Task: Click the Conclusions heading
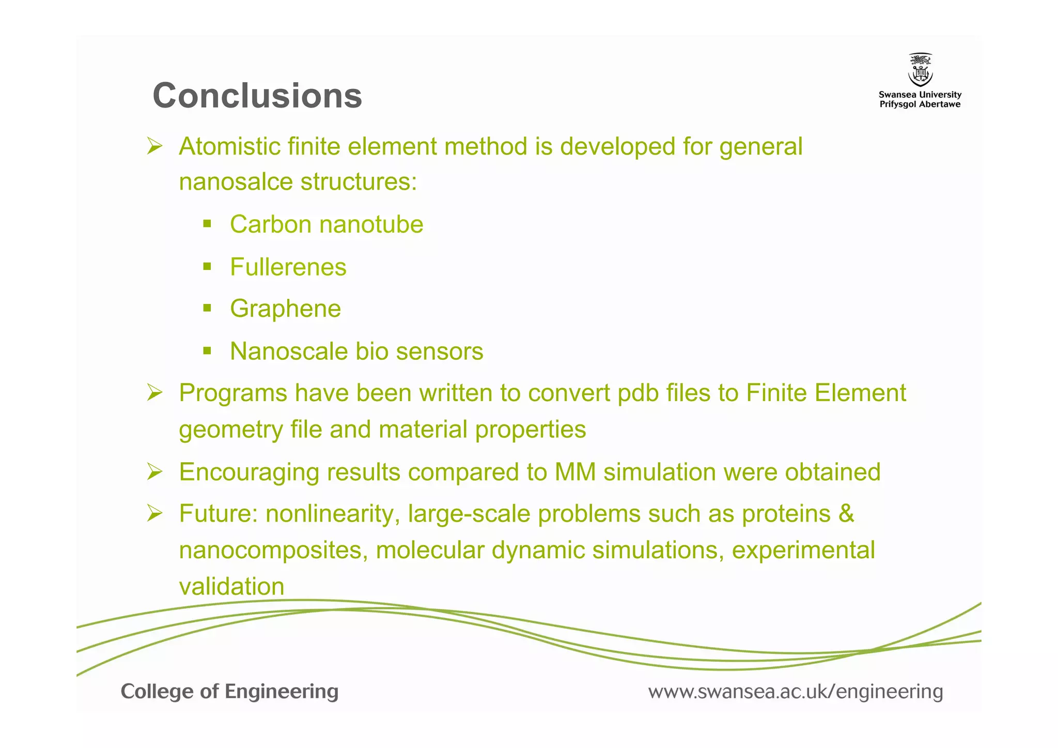click(257, 96)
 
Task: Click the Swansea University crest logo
click(920, 70)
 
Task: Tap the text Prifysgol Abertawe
click(920, 104)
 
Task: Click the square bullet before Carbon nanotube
click(207, 224)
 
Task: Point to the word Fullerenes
click(288, 267)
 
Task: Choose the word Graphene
click(285, 309)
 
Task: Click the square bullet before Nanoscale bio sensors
click(207, 351)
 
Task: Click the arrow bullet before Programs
click(154, 392)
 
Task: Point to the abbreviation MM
click(575, 472)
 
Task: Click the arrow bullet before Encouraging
click(154, 471)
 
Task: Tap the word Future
click(218, 514)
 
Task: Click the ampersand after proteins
click(846, 514)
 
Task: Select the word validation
click(231, 587)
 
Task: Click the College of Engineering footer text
click(229, 691)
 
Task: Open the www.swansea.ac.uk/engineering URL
click(796, 692)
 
